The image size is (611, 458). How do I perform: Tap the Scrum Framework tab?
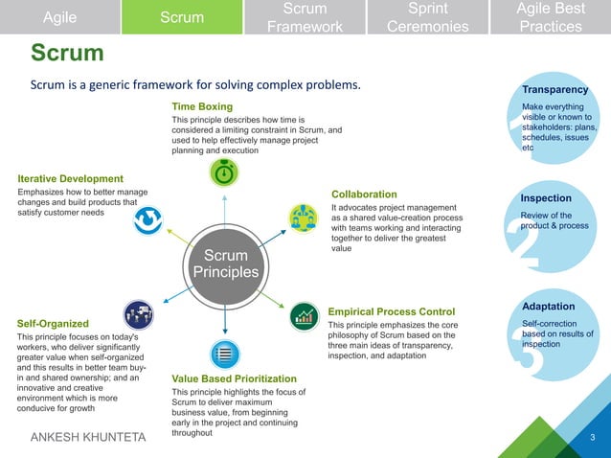[305, 17]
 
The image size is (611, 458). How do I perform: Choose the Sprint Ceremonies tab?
[428, 17]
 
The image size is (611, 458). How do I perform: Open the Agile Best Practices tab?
[550, 17]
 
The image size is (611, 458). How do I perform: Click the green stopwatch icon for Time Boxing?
[224, 173]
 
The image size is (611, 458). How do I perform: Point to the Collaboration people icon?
[303, 218]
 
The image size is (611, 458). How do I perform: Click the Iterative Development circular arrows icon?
[147, 220]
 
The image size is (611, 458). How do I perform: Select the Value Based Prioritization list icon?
[224, 354]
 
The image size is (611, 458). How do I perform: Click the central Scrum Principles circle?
[226, 263]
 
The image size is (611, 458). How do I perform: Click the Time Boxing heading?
[201, 105]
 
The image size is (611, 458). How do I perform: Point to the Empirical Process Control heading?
[391, 311]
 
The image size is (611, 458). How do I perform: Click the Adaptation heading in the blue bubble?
[549, 306]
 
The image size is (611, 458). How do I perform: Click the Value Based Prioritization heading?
[234, 379]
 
